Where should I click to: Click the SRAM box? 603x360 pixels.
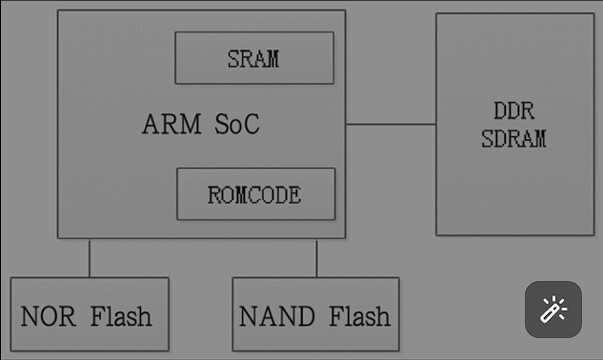[x=254, y=58]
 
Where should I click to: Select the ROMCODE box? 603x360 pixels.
[x=255, y=194]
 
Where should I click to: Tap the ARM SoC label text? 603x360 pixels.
[x=200, y=125]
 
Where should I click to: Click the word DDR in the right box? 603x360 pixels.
[x=513, y=111]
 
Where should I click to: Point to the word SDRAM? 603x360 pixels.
[x=513, y=138]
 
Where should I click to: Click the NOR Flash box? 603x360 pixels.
[x=89, y=314]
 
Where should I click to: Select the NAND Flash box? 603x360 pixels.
[x=315, y=314]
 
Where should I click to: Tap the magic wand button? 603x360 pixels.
[x=553, y=310]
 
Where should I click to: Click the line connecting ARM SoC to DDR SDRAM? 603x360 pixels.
[x=391, y=124]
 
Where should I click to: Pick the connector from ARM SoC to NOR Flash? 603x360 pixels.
[x=90, y=257]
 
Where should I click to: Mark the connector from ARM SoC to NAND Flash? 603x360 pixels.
[x=316, y=257]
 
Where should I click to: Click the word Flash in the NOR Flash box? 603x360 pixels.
[x=121, y=315]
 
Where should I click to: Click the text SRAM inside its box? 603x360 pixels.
[x=253, y=59]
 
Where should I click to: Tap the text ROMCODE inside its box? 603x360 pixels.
[x=254, y=195]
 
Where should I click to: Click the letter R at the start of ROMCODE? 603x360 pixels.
[x=214, y=195]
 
